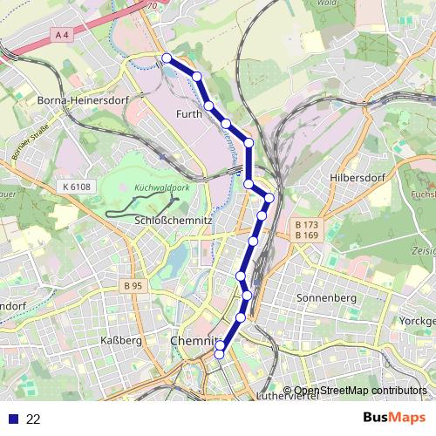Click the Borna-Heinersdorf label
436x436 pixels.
(84, 101)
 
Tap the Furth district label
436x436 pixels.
(189, 114)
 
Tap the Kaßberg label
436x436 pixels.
(121, 340)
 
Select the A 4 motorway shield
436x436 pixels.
(60, 34)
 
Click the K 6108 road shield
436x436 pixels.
(77, 187)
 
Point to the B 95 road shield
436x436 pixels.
(133, 285)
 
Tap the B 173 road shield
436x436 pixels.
(306, 225)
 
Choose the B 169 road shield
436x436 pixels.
(306, 235)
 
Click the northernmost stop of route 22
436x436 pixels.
(167, 58)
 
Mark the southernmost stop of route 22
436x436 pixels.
(220, 352)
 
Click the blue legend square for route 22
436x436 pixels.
(12, 419)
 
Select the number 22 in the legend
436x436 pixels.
(33, 419)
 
